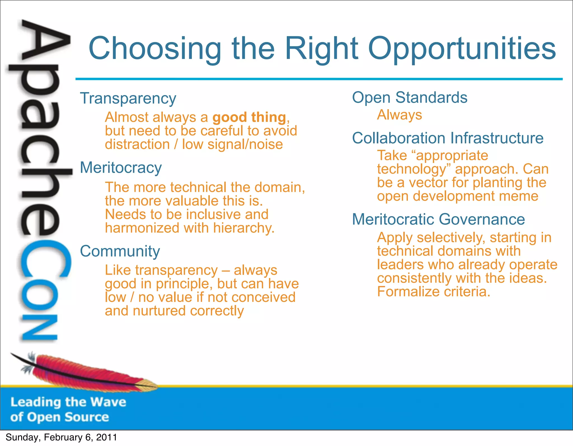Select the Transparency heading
(128, 99)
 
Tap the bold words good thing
(249, 117)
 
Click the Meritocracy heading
(121, 168)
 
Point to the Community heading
(120, 251)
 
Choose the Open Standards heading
(409, 98)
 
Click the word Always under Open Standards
(399, 115)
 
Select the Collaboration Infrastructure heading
(447, 138)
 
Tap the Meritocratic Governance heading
(438, 219)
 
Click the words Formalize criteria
(433, 292)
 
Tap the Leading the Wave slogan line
(68, 402)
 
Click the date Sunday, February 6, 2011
(61, 437)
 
